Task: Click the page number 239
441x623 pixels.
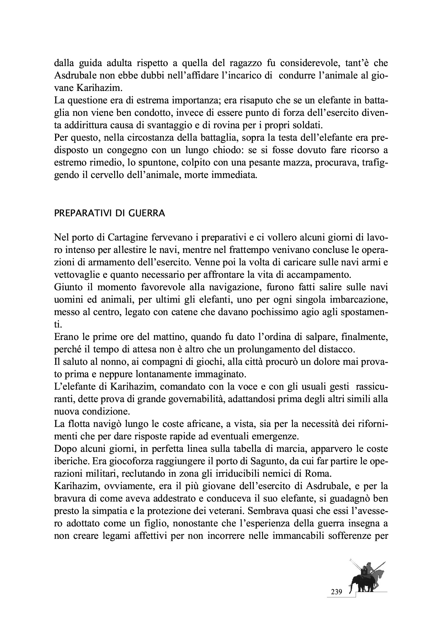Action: click(336, 592)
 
